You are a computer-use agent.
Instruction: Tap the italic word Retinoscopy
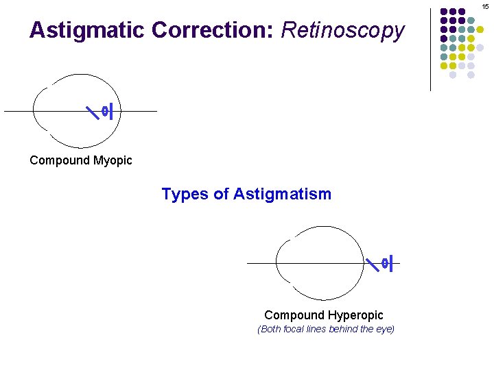point(343,31)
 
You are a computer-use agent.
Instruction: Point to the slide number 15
point(485,5)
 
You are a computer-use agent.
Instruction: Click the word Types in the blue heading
point(185,195)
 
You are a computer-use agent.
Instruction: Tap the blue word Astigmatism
point(282,195)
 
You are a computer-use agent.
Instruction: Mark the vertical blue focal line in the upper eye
point(110,111)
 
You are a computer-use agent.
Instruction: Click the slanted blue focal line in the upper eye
point(91,111)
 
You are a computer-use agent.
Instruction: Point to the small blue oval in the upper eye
point(104,111)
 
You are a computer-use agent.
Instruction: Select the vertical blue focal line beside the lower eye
point(390,263)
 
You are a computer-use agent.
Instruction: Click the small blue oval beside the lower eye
point(384,263)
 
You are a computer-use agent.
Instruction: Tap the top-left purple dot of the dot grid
point(444,12)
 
